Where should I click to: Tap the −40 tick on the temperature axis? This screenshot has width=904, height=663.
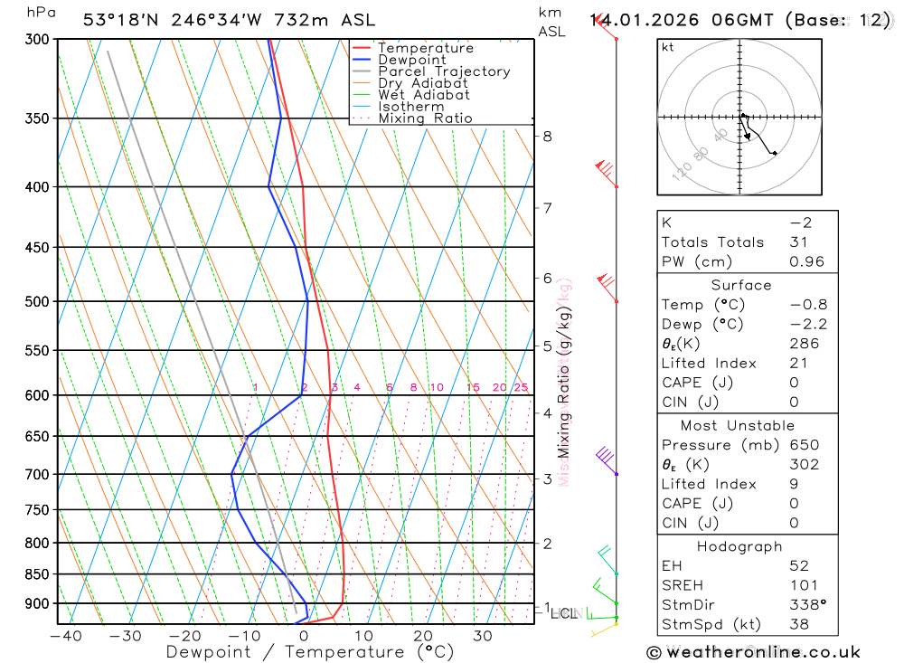pos(65,636)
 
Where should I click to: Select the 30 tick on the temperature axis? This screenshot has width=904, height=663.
pos(482,636)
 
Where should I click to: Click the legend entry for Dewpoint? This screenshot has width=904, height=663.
pos(411,60)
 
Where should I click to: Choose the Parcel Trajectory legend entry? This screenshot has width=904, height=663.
pos(444,71)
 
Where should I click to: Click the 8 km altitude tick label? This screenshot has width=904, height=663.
pos(547,137)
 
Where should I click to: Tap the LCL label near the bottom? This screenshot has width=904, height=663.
pos(563,613)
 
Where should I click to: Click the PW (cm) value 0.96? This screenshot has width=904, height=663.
pos(807,261)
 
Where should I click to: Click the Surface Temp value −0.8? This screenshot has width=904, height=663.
pos(807,305)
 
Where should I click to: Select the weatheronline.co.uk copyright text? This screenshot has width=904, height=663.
pos(753,652)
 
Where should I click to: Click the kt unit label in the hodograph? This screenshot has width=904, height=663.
pos(668,47)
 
